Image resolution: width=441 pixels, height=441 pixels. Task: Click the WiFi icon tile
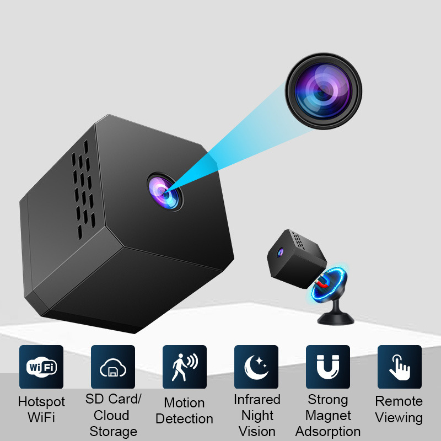(x=41, y=367)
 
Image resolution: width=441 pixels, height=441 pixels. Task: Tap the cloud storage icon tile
(x=113, y=367)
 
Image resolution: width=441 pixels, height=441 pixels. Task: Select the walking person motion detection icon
(x=185, y=367)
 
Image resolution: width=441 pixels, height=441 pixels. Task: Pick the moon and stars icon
(x=256, y=367)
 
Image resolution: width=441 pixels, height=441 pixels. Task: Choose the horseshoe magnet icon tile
(x=328, y=367)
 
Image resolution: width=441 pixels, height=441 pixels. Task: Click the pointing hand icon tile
(x=400, y=367)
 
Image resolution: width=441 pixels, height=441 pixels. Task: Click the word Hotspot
(x=41, y=402)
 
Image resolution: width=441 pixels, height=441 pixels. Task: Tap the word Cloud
(x=111, y=416)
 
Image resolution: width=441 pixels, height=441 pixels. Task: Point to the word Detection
(x=184, y=419)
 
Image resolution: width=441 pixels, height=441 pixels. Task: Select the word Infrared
(x=257, y=399)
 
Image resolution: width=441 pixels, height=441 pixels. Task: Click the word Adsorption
(x=328, y=432)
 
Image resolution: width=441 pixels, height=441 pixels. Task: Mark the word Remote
(x=399, y=401)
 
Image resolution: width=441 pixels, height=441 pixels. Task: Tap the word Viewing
(x=399, y=418)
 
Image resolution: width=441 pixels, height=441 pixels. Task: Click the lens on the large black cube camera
(x=165, y=192)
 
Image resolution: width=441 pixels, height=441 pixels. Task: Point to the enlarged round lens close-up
(x=324, y=91)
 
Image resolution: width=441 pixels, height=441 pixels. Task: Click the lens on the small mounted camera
(x=280, y=252)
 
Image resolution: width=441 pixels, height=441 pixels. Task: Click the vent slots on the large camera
(x=83, y=189)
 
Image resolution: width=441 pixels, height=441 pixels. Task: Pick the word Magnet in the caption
(x=328, y=416)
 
